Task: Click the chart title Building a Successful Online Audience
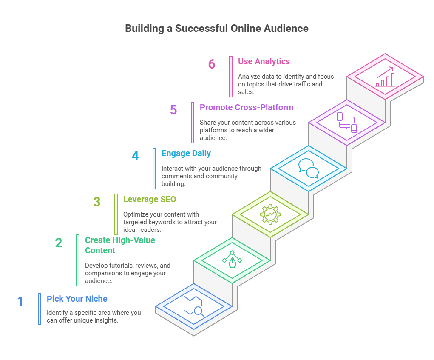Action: click(217, 29)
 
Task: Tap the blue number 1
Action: click(20, 302)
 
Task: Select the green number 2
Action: click(59, 243)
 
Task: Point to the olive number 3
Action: click(97, 202)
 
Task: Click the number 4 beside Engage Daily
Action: click(135, 156)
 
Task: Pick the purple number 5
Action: click(173, 110)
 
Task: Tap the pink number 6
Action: click(212, 64)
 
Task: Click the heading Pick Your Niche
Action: click(77, 299)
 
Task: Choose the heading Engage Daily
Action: click(186, 153)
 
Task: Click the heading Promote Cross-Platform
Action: click(247, 107)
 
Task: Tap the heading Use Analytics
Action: click(264, 61)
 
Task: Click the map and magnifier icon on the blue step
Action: click(193, 306)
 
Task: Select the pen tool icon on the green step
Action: click(232, 260)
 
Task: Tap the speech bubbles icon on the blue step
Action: click(308, 169)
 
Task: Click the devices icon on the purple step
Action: click(346, 122)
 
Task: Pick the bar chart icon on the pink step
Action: click(385, 77)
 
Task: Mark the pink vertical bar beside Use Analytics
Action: click(231, 76)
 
